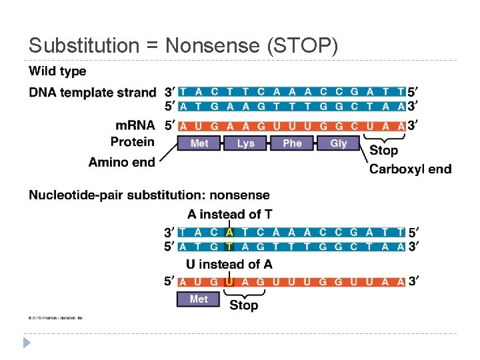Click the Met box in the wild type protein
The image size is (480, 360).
click(199, 143)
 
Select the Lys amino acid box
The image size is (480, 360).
click(245, 143)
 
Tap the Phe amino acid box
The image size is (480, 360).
click(292, 143)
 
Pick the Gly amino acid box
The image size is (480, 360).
click(339, 143)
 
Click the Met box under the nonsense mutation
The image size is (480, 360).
click(199, 299)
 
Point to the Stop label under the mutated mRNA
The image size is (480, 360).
click(243, 305)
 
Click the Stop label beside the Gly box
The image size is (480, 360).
click(383, 151)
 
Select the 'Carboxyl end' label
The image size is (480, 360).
click(410, 169)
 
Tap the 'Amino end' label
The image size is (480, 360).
click(121, 162)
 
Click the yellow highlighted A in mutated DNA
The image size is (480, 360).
click(229, 233)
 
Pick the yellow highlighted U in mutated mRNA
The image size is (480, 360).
click(229, 281)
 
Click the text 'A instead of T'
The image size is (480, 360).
click(229, 214)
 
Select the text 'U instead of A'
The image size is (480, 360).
click(229, 265)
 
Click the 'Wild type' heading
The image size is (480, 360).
click(57, 71)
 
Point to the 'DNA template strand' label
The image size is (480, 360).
click(93, 92)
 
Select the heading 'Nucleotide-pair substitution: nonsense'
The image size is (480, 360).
click(149, 195)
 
